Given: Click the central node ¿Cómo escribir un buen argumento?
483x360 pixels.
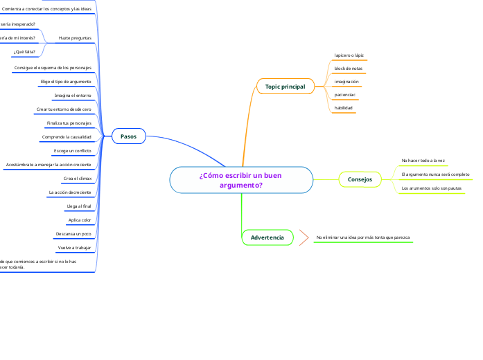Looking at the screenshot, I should pyautogui.click(x=240, y=180).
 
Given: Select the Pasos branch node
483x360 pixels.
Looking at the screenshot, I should pyautogui.click(x=128, y=136).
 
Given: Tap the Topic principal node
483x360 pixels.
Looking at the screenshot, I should pyautogui.click(x=285, y=87).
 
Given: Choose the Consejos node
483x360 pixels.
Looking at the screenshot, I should pyautogui.click(x=360, y=179).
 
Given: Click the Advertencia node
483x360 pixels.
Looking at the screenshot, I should pyautogui.click(x=267, y=237).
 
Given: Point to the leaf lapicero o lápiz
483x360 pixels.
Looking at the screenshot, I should pyautogui.click(x=349, y=55).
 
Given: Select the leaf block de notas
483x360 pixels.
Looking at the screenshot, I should pyautogui.click(x=348, y=69).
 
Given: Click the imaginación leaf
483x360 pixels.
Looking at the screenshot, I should pyautogui.click(x=346, y=82).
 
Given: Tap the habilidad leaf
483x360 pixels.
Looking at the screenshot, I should pyautogui.click(x=344, y=108).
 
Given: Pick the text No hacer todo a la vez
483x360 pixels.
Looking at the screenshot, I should pyautogui.click(x=423, y=161).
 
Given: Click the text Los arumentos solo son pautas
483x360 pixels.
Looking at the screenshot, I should pyautogui.click(x=431, y=188).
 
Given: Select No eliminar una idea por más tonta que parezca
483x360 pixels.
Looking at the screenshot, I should pyautogui.click(x=362, y=237).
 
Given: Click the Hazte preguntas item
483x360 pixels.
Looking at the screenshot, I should pyautogui.click(x=75, y=37).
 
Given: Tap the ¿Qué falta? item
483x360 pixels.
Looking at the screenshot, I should pyautogui.click(x=24, y=52).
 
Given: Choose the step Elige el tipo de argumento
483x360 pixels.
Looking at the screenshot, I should pyautogui.click(x=66, y=82).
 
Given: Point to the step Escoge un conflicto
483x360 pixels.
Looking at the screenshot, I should pyautogui.click(x=72, y=150).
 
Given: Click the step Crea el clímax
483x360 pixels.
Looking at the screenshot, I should pyautogui.click(x=77, y=179).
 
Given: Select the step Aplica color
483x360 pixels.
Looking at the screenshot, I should pyautogui.click(x=80, y=220).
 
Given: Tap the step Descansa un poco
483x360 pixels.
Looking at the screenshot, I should pyautogui.click(x=73, y=234).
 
